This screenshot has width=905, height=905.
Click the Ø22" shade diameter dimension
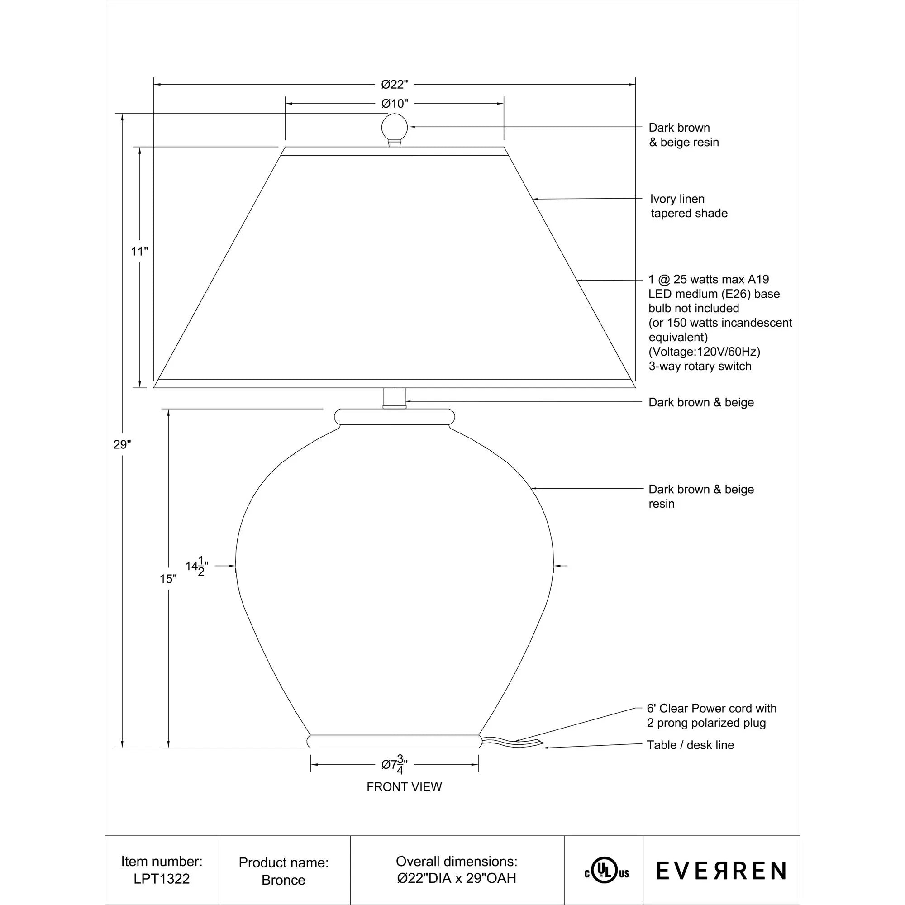(395, 85)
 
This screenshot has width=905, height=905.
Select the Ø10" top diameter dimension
(395, 104)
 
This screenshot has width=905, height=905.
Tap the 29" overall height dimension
(122, 444)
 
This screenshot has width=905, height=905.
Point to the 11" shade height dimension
(139, 252)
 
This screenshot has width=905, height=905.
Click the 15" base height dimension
(168, 579)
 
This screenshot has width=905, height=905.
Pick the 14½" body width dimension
(197, 567)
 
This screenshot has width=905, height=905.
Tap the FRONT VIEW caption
(404, 787)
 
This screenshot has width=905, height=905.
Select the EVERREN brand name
(721, 871)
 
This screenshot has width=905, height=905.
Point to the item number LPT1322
(162, 878)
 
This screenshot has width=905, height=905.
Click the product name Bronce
(283, 880)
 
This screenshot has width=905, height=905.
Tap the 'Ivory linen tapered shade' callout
(689, 206)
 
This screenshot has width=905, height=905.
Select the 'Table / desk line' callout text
(690, 745)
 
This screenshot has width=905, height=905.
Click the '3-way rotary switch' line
(700, 367)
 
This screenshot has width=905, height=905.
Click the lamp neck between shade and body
(395, 398)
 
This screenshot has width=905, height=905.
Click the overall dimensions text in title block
(457, 869)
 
